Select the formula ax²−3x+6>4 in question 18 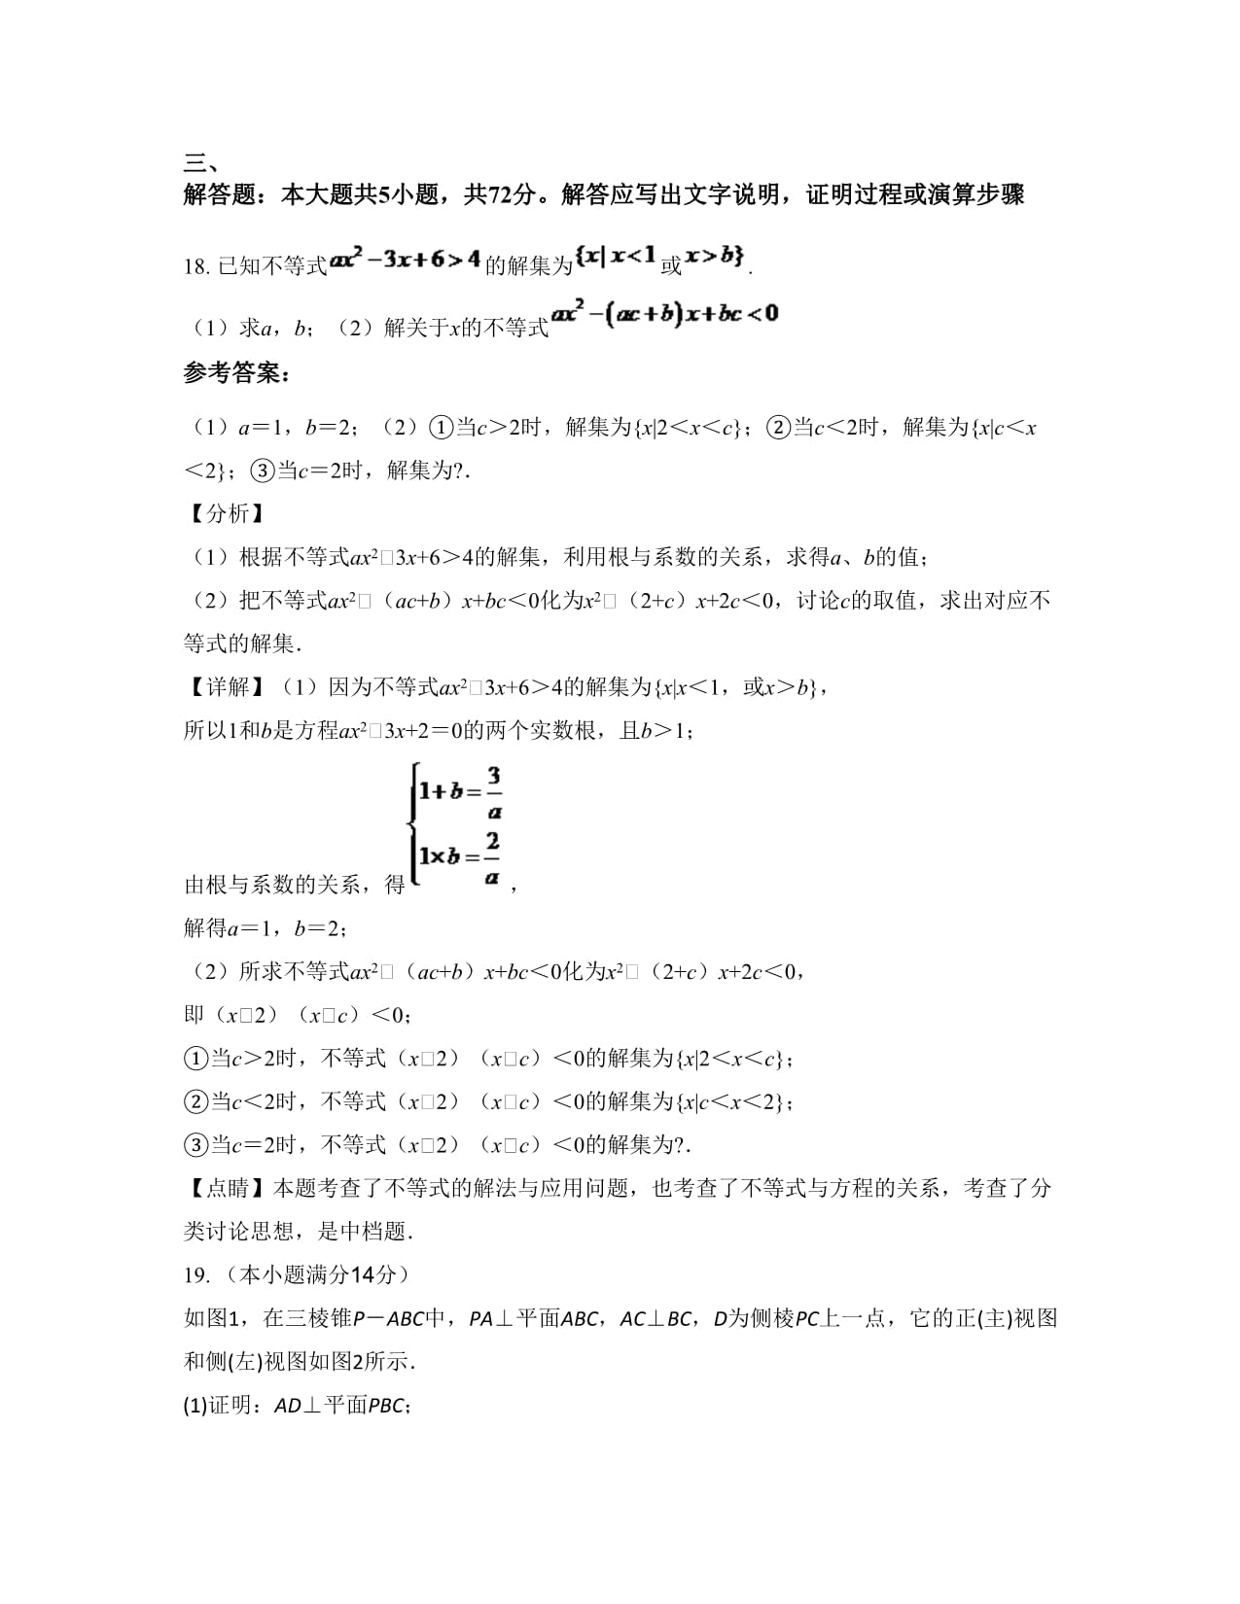tap(405, 261)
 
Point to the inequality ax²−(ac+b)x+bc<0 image tap(665, 314)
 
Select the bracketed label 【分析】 tap(223, 514)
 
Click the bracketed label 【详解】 tap(223, 688)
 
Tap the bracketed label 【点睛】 tap(223, 1188)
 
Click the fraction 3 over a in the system tap(494, 793)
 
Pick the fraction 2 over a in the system tap(492, 857)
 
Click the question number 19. tap(196, 1275)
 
